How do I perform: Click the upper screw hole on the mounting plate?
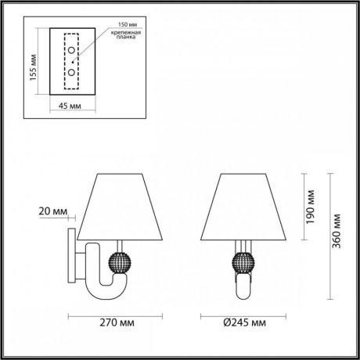(71, 51)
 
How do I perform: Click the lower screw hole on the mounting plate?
(71, 72)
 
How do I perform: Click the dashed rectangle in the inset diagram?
(71, 61)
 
